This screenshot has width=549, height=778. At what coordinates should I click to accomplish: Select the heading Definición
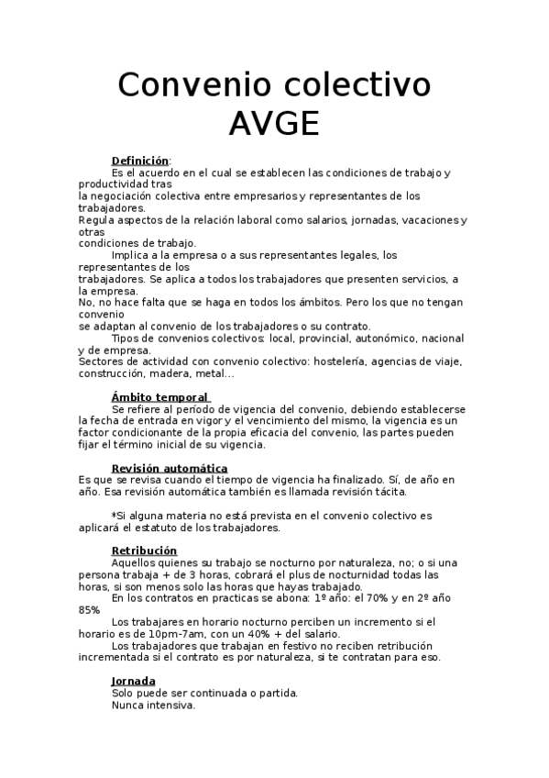pyautogui.click(x=140, y=160)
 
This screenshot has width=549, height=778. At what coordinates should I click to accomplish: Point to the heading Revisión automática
pyautogui.click(x=170, y=467)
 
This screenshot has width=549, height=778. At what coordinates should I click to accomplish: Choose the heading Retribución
pyautogui.click(x=144, y=550)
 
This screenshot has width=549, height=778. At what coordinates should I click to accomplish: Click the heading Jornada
pyautogui.click(x=133, y=681)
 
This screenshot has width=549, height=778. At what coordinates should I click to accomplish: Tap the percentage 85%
pyautogui.click(x=90, y=609)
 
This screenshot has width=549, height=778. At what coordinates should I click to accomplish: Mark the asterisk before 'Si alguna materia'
pyautogui.click(x=114, y=515)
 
